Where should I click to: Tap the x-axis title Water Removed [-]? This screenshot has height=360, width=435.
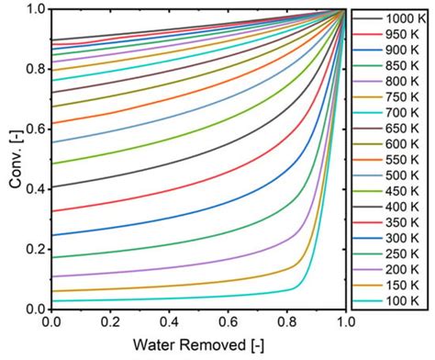click(x=199, y=347)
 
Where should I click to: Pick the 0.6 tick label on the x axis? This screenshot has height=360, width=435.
click(x=229, y=323)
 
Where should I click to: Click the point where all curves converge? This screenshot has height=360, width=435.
click(x=346, y=10)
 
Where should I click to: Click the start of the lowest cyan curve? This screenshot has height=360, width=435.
click(x=52, y=300)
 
